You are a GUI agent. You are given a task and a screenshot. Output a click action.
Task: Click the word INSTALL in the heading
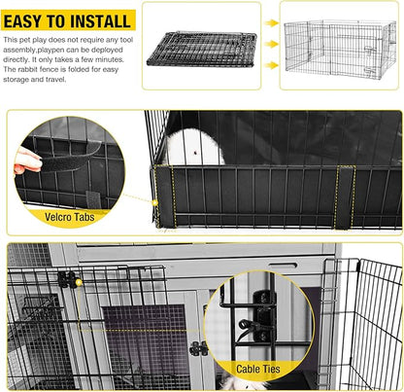coord(95,20)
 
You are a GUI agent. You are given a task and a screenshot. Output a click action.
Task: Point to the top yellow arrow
coord(271,28)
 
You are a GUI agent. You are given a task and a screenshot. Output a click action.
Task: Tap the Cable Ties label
coord(259,370)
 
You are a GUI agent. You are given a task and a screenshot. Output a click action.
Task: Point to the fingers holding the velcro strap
coord(27,160)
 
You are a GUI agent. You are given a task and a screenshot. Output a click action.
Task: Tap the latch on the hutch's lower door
coord(198,348)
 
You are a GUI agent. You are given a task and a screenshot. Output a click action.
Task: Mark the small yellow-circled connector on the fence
coord(68,280)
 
